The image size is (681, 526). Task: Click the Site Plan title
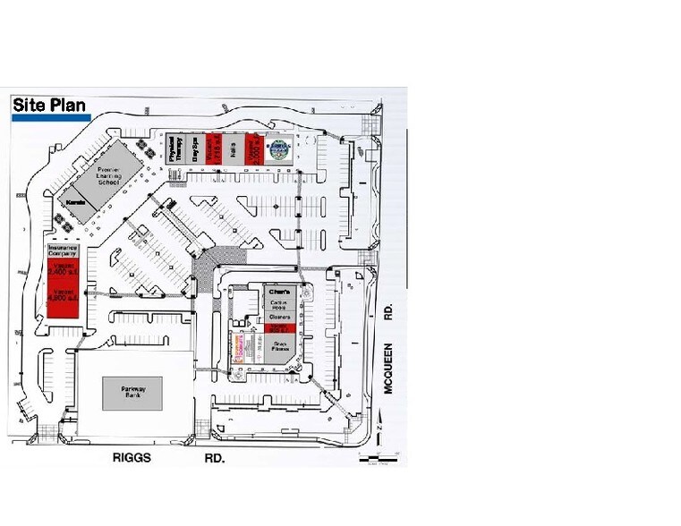coord(49,104)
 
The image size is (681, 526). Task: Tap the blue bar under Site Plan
coord(51,117)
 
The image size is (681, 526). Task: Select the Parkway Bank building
coord(132,391)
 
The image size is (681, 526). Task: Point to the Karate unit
coord(75,204)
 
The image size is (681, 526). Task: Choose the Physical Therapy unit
coord(175,149)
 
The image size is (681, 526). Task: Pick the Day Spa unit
coord(194,149)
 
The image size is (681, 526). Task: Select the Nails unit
coord(232,149)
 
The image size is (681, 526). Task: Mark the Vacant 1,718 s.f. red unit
coord(213,149)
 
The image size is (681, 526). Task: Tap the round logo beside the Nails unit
coord(283,149)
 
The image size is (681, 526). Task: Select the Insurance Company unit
coord(63,251)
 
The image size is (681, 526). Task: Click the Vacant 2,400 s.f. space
coord(63,271)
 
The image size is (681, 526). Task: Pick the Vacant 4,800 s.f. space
coord(63,298)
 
